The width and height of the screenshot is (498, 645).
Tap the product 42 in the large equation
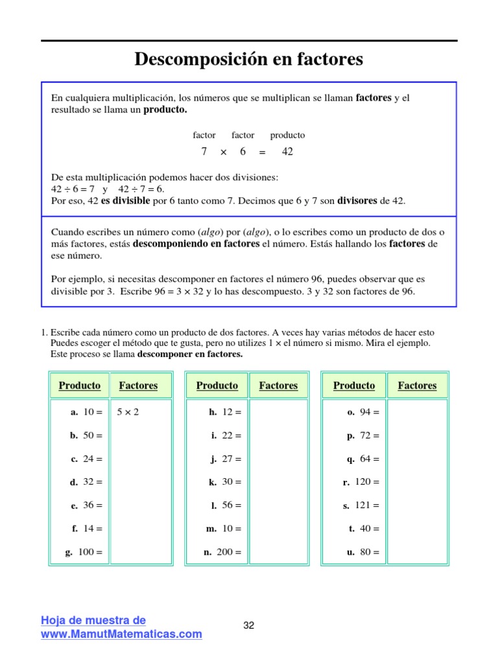click(x=287, y=152)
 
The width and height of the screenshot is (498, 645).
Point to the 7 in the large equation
click(x=204, y=152)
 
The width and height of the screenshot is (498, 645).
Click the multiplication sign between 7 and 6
click(x=223, y=152)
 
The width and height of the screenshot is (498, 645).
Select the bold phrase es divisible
click(x=125, y=201)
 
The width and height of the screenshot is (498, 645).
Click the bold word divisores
click(x=357, y=201)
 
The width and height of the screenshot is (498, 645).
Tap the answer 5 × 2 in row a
click(x=127, y=412)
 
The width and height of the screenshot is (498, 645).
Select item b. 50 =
click(x=87, y=435)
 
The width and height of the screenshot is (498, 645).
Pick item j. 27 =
click(x=226, y=459)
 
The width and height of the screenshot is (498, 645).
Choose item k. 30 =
click(x=224, y=482)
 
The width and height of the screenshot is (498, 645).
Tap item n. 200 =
click(x=222, y=553)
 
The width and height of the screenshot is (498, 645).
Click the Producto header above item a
click(x=80, y=385)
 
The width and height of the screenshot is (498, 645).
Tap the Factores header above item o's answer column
click(x=417, y=385)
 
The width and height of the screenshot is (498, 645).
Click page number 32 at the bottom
click(x=249, y=626)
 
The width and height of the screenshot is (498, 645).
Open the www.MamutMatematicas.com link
click(x=122, y=633)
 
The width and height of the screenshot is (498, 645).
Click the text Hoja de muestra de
click(x=93, y=620)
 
